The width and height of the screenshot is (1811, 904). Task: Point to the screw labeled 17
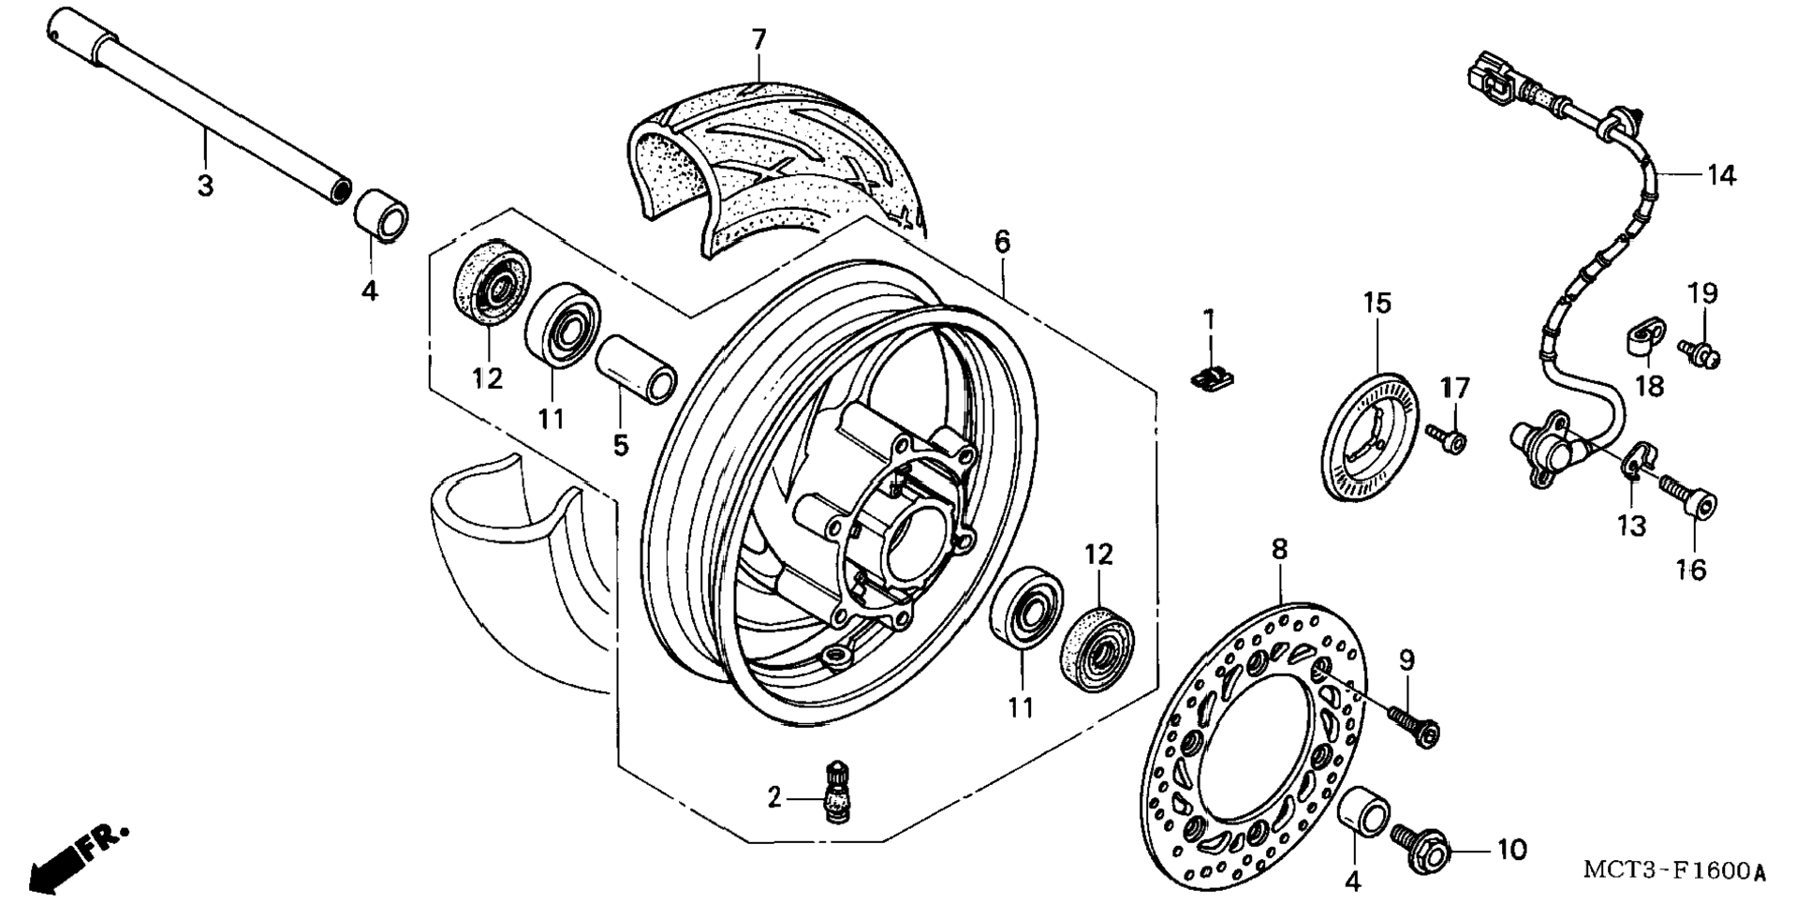click(1447, 438)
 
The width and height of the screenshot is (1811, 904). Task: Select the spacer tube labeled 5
click(637, 370)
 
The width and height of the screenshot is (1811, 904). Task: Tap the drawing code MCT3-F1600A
click(1674, 871)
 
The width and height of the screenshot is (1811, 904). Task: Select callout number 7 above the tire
click(758, 39)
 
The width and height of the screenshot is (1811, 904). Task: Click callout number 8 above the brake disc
click(1279, 550)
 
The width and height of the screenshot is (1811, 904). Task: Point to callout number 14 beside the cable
click(1720, 175)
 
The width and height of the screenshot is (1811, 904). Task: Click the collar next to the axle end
click(382, 214)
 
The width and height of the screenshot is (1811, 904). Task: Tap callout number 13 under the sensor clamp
click(1631, 526)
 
